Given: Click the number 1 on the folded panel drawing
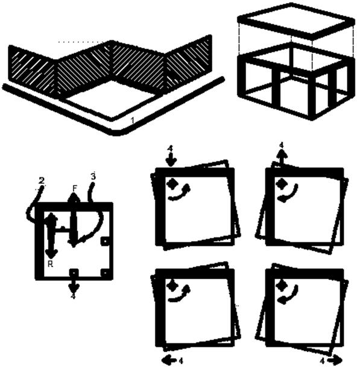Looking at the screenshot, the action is [x=133, y=121].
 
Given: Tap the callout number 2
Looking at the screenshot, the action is [x=42, y=181].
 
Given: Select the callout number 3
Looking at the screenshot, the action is [x=93, y=176].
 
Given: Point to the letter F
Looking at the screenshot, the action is [x=75, y=188].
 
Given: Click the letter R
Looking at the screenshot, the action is [x=50, y=264].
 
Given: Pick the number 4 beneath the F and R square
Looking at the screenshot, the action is [x=74, y=296].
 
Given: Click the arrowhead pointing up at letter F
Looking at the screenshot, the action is [x=74, y=197].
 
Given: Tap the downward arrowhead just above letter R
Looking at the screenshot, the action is [x=51, y=254].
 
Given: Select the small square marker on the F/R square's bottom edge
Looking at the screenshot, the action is [x=74, y=273].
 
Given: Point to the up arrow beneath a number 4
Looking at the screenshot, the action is [x=282, y=157].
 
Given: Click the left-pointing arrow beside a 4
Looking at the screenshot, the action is [x=168, y=361].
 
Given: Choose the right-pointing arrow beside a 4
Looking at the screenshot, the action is [x=335, y=361].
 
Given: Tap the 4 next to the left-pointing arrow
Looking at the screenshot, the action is [x=181, y=361].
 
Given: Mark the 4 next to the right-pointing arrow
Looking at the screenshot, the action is [x=322, y=361].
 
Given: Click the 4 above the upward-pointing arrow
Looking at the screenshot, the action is [x=282, y=145].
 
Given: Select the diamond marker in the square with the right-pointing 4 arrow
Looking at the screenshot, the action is [x=281, y=285].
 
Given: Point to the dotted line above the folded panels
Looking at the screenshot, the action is [x=81, y=42].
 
